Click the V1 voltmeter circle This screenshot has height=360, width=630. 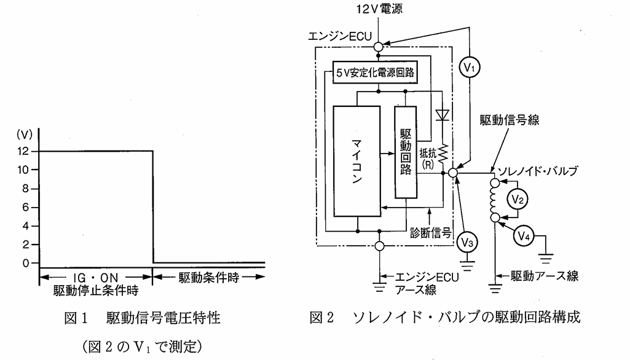click(x=470, y=67)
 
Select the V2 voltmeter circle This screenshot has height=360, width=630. click(x=518, y=200)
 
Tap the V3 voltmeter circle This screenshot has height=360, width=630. click(x=467, y=242)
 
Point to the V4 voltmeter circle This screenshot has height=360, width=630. click(x=523, y=236)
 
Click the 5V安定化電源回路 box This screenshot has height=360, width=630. click(x=376, y=72)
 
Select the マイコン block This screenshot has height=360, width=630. click(x=356, y=161)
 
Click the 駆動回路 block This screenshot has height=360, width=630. click(x=406, y=152)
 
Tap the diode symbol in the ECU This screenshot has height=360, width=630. click(x=443, y=115)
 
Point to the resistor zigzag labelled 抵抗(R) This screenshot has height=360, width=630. click(x=443, y=154)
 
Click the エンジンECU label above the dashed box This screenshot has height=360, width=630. click(x=340, y=36)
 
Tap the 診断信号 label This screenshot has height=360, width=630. click(x=430, y=233)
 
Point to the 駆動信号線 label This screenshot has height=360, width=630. click(x=510, y=120)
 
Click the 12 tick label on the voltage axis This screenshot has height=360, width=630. click(x=23, y=151)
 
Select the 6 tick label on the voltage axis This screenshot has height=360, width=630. click(x=26, y=207)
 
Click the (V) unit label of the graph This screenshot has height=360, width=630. click(x=24, y=134)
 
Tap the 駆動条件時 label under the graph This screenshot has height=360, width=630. click(x=208, y=277)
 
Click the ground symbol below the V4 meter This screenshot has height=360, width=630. click(x=546, y=257)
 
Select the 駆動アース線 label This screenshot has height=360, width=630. click(x=545, y=276)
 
